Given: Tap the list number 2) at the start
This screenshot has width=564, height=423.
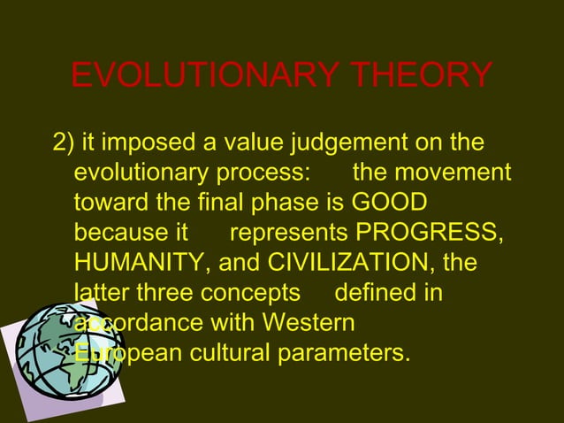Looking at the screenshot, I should click(x=65, y=142).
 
